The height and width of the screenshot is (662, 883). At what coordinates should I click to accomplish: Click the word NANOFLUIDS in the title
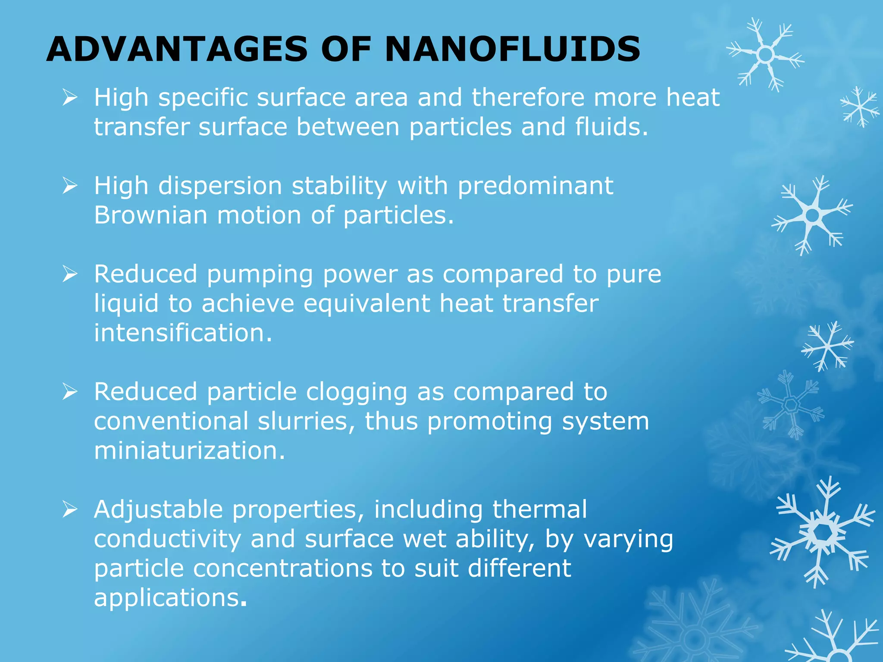tap(512, 49)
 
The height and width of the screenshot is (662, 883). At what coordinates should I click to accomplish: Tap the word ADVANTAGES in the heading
tap(177, 49)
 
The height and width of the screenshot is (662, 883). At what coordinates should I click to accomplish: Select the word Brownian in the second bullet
tap(150, 215)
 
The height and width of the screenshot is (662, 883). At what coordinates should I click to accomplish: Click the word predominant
tap(535, 186)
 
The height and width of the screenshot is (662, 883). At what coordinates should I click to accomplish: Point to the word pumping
tap(260, 275)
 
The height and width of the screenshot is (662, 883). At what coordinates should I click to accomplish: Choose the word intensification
tap(183, 333)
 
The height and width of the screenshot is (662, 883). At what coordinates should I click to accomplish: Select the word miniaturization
tap(189, 451)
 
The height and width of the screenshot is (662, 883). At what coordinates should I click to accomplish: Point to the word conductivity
tap(167, 540)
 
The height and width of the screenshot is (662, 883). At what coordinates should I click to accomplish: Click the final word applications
tap(167, 598)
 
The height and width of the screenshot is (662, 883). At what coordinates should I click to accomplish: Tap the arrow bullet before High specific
tap(70, 97)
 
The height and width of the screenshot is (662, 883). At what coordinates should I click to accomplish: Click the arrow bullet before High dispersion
tap(70, 186)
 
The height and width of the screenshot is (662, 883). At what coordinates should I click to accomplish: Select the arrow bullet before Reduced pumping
tap(70, 274)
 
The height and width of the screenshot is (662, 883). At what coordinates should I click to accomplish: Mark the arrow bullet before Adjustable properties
tap(70, 509)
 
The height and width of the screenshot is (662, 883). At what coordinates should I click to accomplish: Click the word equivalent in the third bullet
tap(366, 303)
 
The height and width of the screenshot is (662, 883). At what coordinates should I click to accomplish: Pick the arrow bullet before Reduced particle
tap(70, 392)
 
